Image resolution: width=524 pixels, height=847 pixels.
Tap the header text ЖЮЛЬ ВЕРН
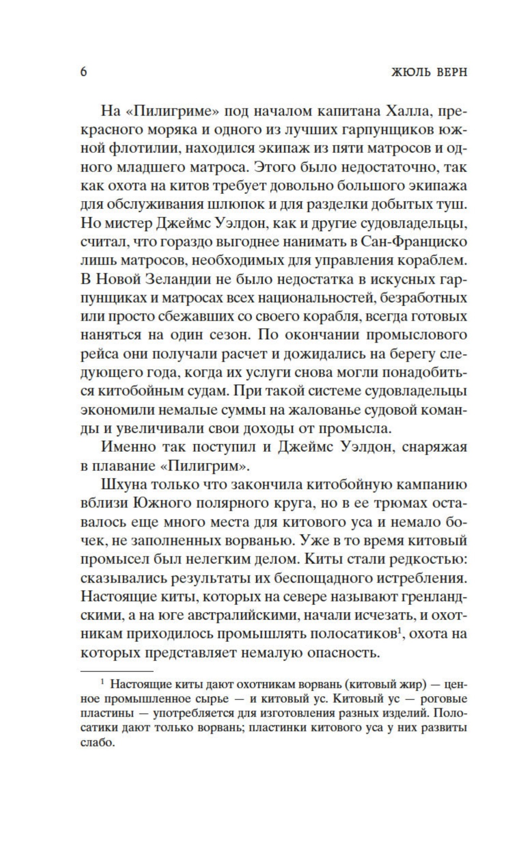point(429,72)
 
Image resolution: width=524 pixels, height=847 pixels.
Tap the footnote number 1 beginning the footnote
point(102,683)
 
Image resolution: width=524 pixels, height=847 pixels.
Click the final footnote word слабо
point(95,743)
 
